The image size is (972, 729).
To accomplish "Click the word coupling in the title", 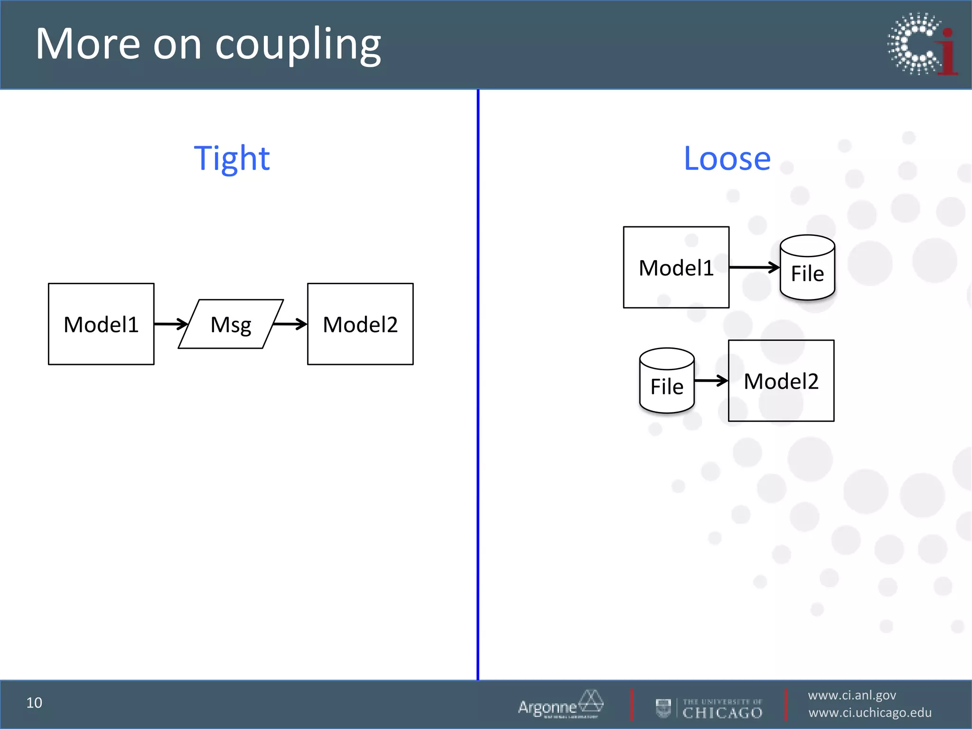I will tap(298, 45).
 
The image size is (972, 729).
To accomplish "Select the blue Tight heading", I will tap(232, 159).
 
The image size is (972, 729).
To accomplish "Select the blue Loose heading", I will tap(727, 159).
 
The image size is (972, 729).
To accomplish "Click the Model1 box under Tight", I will tap(101, 324).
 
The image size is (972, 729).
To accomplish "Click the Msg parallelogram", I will tap(231, 325).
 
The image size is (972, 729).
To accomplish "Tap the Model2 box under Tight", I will tap(360, 324).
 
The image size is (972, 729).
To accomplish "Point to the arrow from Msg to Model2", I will tap(290, 324).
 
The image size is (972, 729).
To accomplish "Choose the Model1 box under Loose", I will tap(676, 268).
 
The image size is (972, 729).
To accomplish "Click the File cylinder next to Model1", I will tap(807, 269).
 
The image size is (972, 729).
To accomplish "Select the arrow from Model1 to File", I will tap(754, 268).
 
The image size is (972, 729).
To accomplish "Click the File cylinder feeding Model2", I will tap(667, 382).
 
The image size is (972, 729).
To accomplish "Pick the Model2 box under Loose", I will tap(781, 381).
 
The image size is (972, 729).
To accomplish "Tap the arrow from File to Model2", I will tap(710, 381).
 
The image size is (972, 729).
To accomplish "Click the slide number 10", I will tap(34, 703).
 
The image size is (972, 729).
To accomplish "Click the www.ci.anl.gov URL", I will tap(852, 695).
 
